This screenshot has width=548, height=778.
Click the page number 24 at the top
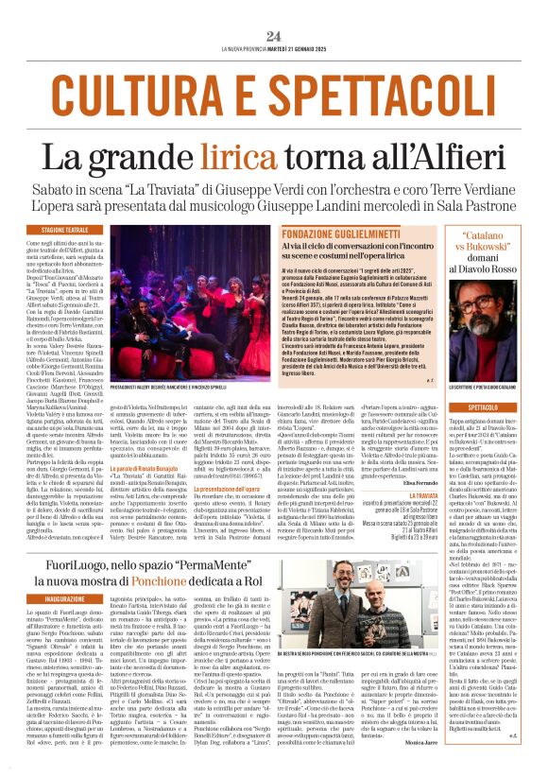[274, 36]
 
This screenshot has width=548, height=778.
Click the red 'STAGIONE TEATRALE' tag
[91, 230]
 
